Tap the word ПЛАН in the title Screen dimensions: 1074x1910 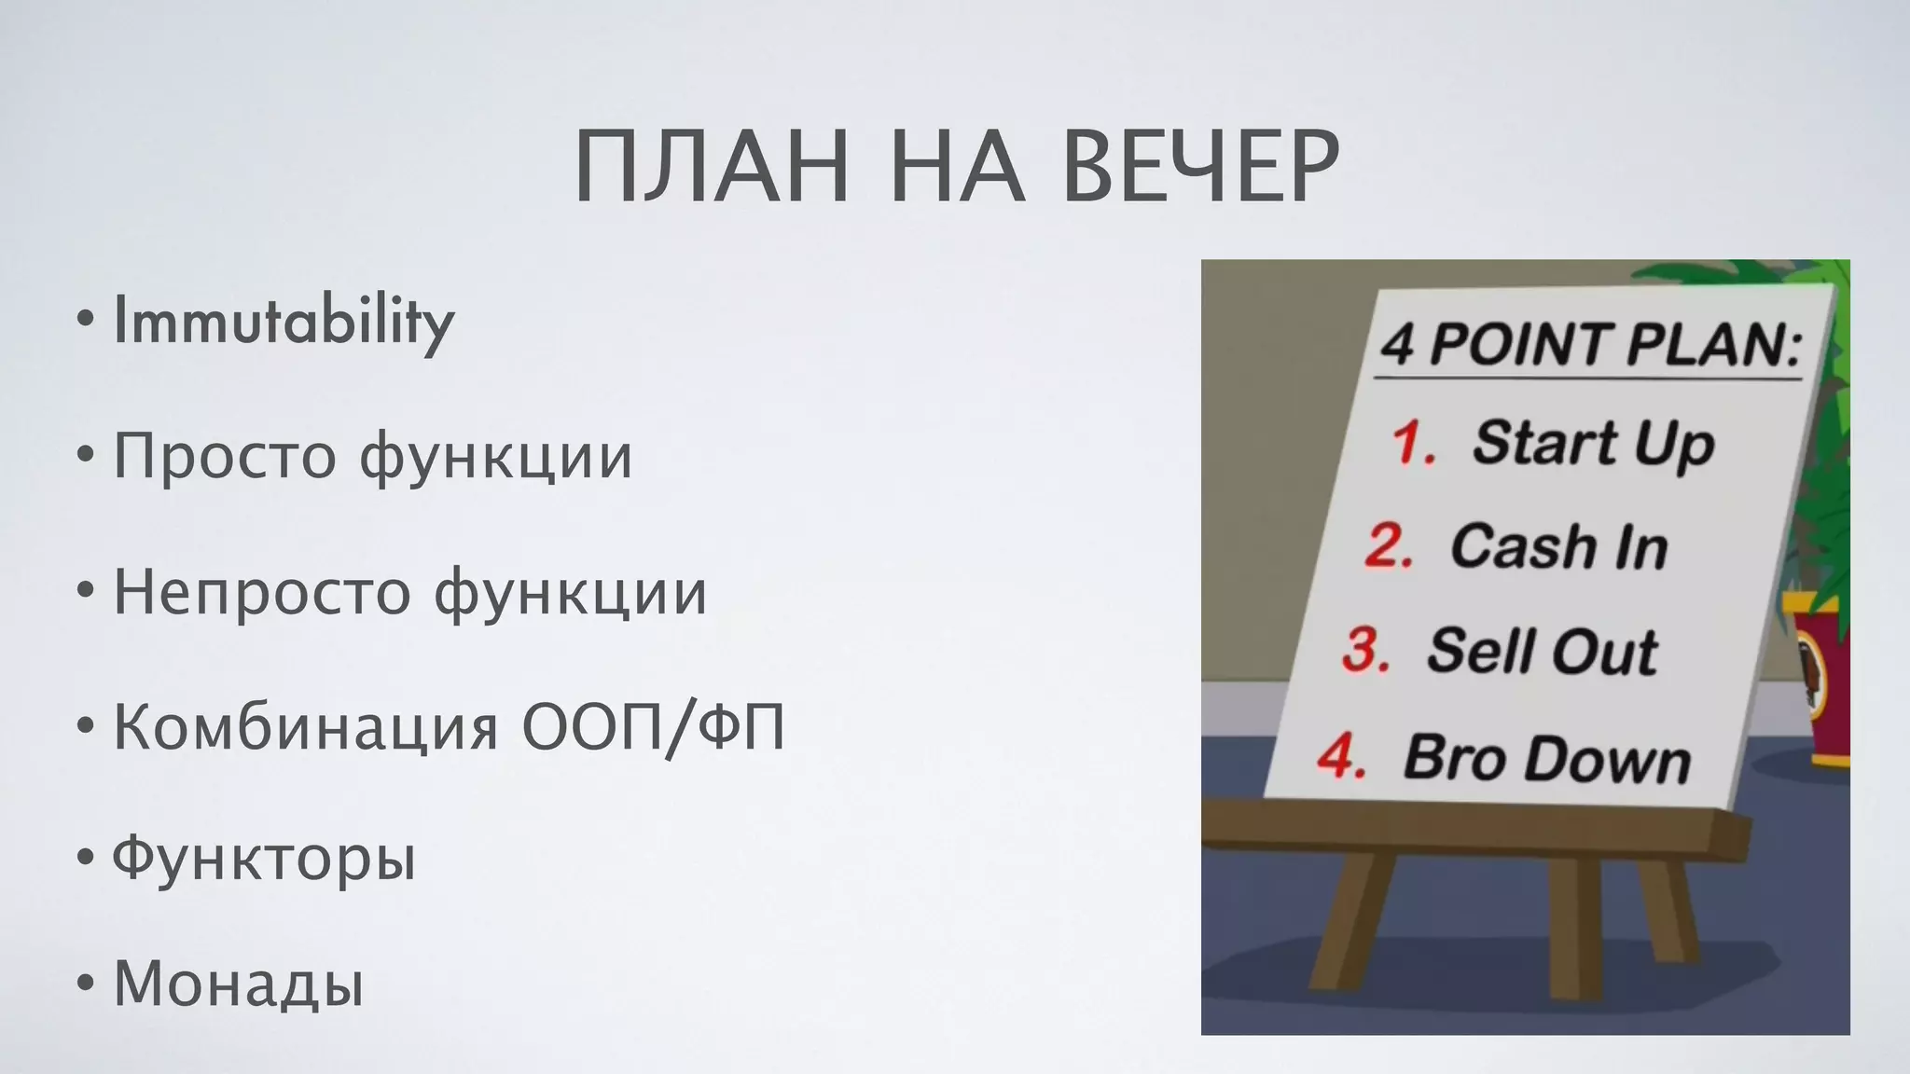pyautogui.click(x=712, y=168)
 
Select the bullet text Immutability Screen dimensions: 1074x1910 pyautogui.click(x=283, y=322)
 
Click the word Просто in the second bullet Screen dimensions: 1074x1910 pyautogui.click(x=224, y=457)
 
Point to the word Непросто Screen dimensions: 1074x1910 pyautogui.click(x=261, y=593)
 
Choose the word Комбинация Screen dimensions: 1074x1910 pyautogui.click(x=306, y=727)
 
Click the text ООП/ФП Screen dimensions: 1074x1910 pyautogui.click(x=653, y=727)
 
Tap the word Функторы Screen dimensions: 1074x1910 pyautogui.click(x=264, y=859)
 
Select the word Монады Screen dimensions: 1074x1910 pyautogui.click(x=238, y=984)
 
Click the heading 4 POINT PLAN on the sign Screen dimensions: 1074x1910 pyautogui.click(x=1589, y=345)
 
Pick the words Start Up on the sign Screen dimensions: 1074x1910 pyautogui.click(x=1593, y=444)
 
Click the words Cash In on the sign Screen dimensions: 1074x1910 pyautogui.click(x=1557, y=547)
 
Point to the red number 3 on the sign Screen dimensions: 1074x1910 pyautogui.click(x=1366, y=649)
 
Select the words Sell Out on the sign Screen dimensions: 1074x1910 pyautogui.click(x=1542, y=652)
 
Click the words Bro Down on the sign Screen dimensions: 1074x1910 pyautogui.click(x=1546, y=758)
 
